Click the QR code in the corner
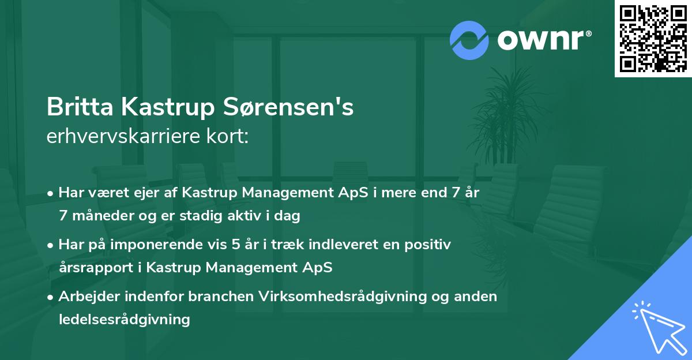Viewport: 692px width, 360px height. [653, 39]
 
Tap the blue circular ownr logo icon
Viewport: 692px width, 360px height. [469, 40]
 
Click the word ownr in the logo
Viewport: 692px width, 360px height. [541, 40]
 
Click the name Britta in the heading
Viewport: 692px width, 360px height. [80, 107]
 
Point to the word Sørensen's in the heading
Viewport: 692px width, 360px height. [288, 107]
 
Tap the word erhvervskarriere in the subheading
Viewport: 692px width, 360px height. [123, 136]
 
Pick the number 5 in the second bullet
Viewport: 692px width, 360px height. [236, 245]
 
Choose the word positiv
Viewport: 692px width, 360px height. [427, 245]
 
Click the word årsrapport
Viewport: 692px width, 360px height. [96, 268]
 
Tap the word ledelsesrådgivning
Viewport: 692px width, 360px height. [124, 320]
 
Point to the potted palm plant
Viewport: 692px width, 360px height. [507, 118]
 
